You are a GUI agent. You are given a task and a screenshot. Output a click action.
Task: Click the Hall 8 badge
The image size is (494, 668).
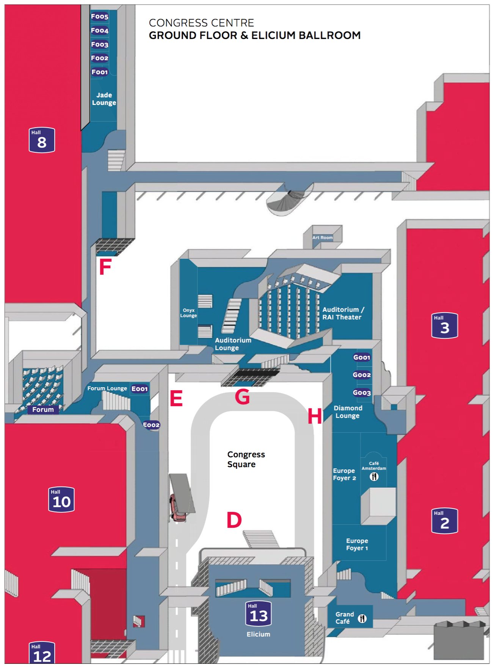(42, 140)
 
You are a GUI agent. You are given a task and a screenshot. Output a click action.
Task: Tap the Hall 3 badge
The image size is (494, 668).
(444, 325)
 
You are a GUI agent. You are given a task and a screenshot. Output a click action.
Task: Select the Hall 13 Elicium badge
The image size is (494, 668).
(258, 614)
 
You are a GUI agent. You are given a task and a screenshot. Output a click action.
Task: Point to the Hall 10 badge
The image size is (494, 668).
(61, 499)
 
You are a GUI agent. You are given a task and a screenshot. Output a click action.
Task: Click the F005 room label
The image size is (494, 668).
(100, 16)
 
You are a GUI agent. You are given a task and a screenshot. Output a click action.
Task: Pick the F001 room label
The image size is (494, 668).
(100, 72)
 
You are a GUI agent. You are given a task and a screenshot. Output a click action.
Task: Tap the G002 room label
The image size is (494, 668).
(362, 375)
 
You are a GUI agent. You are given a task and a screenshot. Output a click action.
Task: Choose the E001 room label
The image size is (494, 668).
(140, 389)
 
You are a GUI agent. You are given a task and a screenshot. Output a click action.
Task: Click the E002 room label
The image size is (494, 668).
(151, 425)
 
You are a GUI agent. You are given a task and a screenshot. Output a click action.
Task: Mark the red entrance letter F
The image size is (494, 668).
(105, 267)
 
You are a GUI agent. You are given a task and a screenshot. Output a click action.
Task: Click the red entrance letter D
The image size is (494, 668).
(234, 520)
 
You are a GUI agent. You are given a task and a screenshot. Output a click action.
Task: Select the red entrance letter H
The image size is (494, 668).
(315, 416)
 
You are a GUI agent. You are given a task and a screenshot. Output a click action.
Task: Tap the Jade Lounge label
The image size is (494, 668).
(104, 99)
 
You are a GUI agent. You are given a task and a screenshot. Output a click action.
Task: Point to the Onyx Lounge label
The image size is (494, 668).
(188, 313)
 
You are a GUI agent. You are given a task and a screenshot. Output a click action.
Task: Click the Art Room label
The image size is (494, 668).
(322, 238)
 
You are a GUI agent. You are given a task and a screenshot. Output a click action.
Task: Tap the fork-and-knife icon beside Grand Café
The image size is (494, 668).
(362, 618)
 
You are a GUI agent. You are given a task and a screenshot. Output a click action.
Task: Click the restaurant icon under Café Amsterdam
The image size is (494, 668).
(374, 477)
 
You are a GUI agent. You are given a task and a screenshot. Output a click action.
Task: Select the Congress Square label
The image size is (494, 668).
(246, 459)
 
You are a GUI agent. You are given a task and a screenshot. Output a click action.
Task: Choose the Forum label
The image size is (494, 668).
(43, 410)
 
